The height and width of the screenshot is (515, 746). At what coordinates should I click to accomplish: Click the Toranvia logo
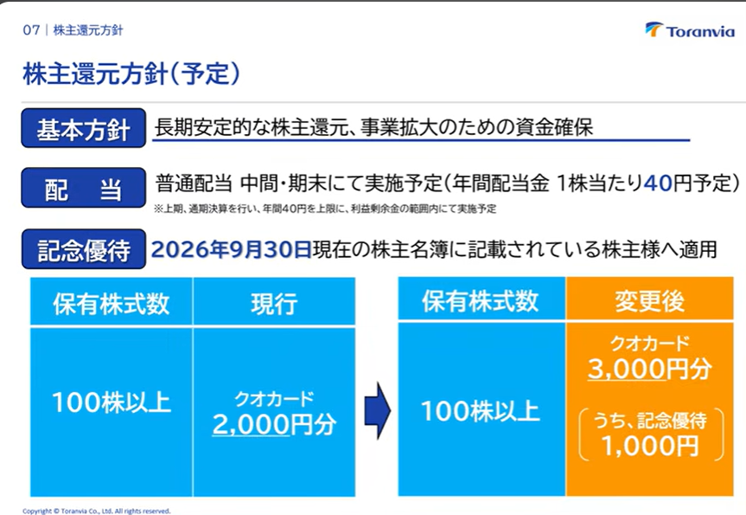(x=690, y=29)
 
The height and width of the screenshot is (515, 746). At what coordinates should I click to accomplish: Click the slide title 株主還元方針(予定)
(x=131, y=74)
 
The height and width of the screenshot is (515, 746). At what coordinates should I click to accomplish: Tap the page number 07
(x=31, y=30)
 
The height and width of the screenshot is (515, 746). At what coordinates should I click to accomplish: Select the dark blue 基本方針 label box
(x=83, y=128)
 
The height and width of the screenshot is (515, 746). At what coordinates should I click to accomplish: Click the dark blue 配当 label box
(x=83, y=188)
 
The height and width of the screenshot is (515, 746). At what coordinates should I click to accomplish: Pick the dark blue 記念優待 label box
(x=83, y=249)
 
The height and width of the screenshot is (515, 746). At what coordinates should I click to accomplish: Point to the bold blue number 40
(x=658, y=183)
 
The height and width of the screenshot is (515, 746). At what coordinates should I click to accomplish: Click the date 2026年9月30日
(x=231, y=249)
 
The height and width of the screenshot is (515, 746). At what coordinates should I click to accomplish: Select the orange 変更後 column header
(x=649, y=299)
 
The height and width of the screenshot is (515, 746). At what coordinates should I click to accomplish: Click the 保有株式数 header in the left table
(x=112, y=303)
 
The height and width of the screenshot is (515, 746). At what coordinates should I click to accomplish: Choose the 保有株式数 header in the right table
(x=481, y=300)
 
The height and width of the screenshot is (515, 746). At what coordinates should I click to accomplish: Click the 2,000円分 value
(x=274, y=423)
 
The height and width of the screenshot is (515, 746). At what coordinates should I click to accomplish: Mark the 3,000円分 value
(x=649, y=368)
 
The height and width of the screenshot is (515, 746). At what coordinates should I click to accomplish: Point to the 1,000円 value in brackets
(x=650, y=446)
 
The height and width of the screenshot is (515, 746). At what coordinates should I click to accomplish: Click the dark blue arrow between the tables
(x=377, y=410)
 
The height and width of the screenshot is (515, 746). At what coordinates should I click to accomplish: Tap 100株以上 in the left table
(x=112, y=402)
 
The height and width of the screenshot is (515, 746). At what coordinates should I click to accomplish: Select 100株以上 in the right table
(x=481, y=410)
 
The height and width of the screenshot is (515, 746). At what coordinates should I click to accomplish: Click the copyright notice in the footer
(x=97, y=512)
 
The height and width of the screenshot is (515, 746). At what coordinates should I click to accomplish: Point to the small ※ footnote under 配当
(x=325, y=209)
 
